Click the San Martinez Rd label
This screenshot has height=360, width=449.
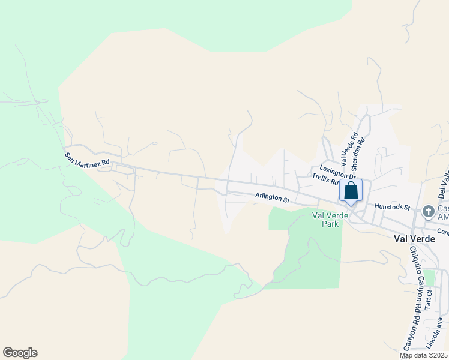pos(88,158)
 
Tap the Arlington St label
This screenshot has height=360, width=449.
pos(272,197)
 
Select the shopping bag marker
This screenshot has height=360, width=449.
pos(351,191)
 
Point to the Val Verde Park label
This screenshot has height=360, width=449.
pos(325,219)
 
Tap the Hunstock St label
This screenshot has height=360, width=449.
pos(391,206)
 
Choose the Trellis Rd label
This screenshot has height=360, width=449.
pos(325,178)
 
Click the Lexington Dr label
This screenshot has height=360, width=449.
pos(334,170)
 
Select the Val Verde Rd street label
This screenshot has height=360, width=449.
pos(349,149)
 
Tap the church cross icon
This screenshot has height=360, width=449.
pos(428,211)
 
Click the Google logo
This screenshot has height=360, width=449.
pos(20,353)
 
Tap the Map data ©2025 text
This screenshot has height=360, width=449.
pos(423,355)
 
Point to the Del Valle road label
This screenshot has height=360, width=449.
pos(444,184)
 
